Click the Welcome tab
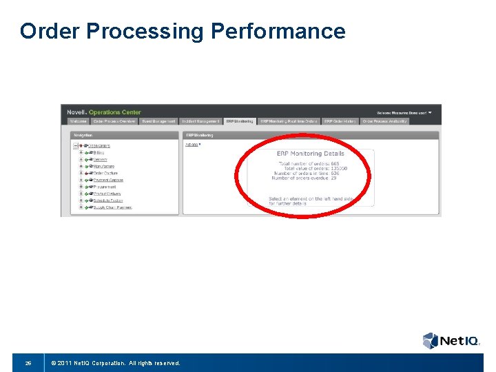[79, 121]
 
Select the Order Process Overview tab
[114, 121]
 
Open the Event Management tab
[158, 121]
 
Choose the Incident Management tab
[201, 121]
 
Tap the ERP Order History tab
[340, 121]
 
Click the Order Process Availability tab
[385, 121]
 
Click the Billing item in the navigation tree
[99, 152]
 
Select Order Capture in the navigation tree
[105, 173]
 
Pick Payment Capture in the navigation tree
[108, 180]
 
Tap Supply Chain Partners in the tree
[112, 207]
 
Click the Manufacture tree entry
[104, 166]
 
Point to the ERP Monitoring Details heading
[310, 154]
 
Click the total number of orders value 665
[335, 163]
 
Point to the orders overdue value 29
[333, 178]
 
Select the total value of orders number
[338, 168]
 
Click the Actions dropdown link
[192, 145]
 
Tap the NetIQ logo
[451, 340]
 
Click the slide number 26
[28, 362]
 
